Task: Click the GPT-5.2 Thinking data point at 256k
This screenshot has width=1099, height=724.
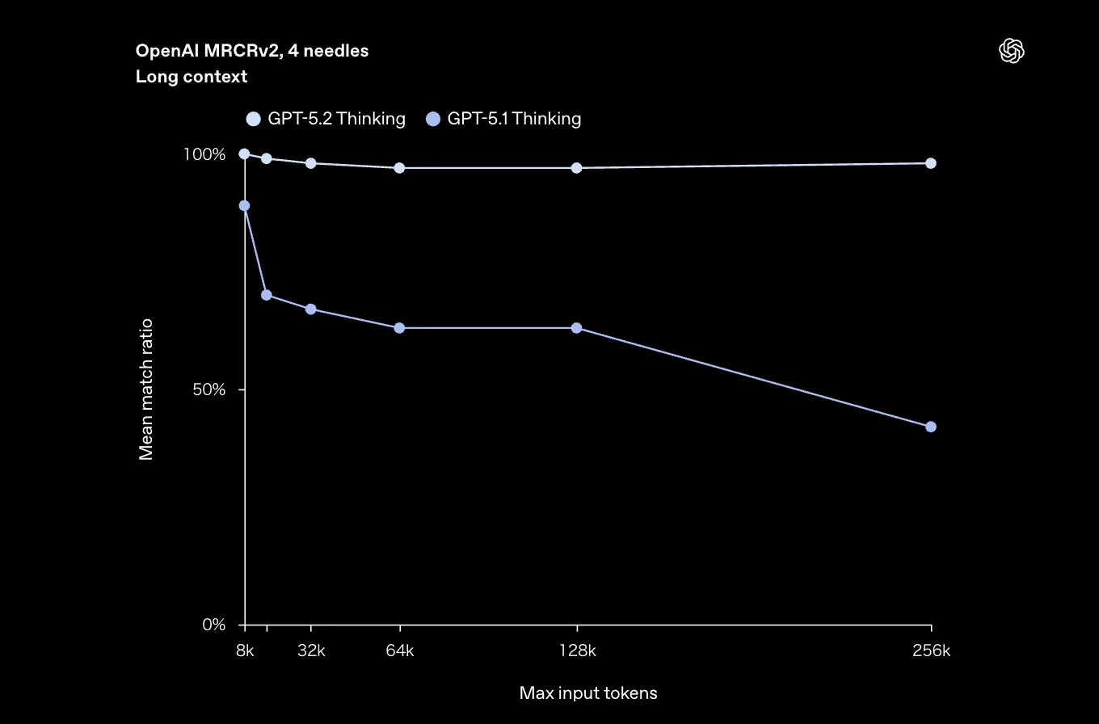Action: coord(930,163)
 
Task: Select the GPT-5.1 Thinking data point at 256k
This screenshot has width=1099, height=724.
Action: coord(930,427)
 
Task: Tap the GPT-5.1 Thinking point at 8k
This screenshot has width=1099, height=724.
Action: coord(244,206)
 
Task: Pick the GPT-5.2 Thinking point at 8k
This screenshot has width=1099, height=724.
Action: coord(244,154)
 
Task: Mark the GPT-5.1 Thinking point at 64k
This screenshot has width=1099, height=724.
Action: coord(399,328)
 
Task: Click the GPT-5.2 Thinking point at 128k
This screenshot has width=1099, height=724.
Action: coord(576,168)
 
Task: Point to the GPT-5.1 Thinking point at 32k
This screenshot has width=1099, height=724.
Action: coord(310,309)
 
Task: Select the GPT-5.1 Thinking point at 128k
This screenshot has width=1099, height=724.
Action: coord(576,328)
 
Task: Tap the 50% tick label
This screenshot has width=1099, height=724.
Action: coord(208,389)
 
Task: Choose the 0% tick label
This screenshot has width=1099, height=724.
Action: coord(213,625)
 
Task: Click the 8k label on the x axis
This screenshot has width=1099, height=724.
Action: coord(245,650)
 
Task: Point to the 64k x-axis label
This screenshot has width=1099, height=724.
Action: coord(399,650)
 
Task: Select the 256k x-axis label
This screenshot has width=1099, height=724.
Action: coord(931,650)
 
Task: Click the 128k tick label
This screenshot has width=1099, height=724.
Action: coord(577,650)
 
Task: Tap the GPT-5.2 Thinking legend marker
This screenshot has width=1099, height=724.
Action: coord(254,120)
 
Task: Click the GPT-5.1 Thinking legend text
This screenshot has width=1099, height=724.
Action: coord(514,119)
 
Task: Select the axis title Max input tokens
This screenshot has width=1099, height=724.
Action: coord(588,693)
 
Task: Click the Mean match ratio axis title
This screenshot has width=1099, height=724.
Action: coord(146,389)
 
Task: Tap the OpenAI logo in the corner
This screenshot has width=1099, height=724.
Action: coord(1012,52)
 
